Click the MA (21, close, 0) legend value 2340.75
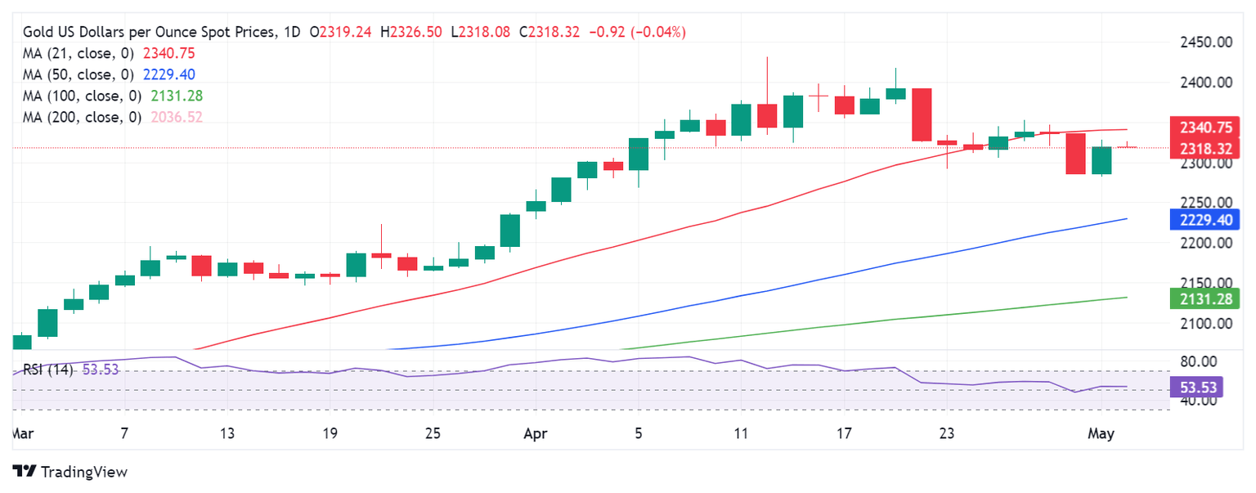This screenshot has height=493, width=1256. (168, 53)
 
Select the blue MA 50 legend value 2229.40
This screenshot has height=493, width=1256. (168, 74)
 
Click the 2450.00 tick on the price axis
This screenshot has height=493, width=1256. (1206, 43)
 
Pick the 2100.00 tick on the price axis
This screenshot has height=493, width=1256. (1206, 323)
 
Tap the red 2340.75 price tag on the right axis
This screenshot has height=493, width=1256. (1206, 128)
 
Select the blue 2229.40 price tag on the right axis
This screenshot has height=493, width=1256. (1206, 219)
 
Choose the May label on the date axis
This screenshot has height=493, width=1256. (1102, 433)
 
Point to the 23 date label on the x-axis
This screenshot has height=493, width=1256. (947, 433)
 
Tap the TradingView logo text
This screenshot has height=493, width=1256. (83, 472)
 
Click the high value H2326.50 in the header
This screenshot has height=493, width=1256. (417, 32)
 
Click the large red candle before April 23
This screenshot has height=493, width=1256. (922, 114)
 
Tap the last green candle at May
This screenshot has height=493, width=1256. (1101, 160)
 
